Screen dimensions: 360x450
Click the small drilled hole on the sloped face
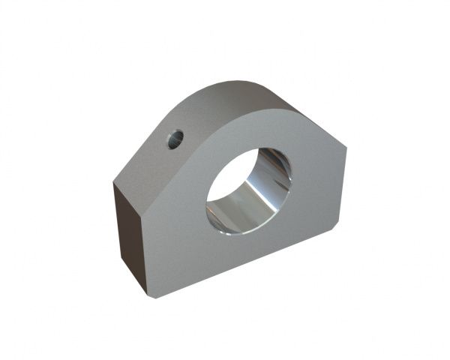[175, 138]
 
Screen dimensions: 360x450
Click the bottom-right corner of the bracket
[334, 225]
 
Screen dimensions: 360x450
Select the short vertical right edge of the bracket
[341, 187]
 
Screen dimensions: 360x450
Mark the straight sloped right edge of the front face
[322, 131]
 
